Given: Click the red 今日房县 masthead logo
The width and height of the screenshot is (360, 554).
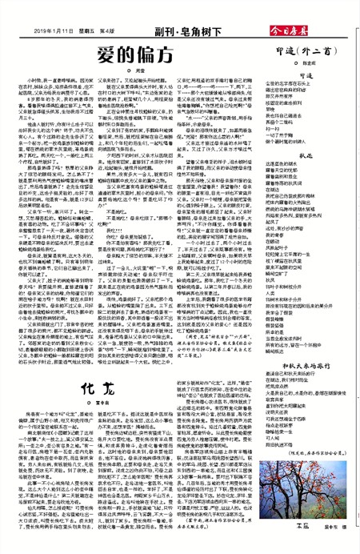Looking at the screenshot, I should coord(330,10).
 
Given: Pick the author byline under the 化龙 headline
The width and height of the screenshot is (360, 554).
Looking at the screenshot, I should coord(94,359).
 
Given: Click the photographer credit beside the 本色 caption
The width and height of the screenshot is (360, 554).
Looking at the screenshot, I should coord(334,544).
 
